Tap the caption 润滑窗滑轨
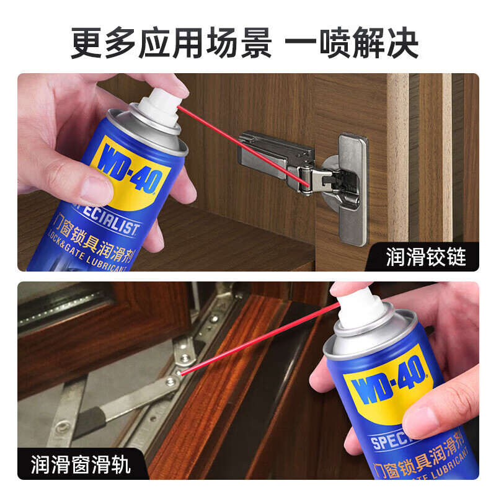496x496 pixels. pos(81,464)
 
